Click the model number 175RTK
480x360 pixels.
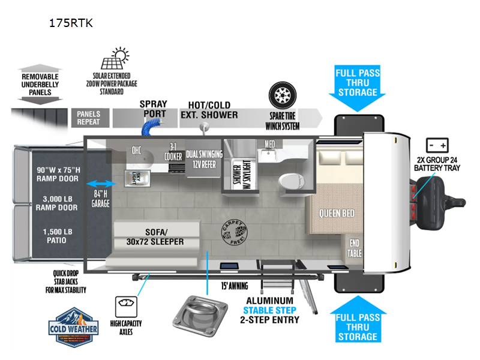(x=71, y=24)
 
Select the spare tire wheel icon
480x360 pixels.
(x=281, y=95)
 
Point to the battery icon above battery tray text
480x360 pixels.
(x=437, y=145)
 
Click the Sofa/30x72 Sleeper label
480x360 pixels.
(x=155, y=236)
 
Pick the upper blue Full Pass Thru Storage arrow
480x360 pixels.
(x=357, y=88)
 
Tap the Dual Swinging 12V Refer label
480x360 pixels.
(x=204, y=158)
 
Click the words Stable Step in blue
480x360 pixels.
(x=269, y=310)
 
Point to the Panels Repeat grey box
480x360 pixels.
(x=89, y=118)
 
